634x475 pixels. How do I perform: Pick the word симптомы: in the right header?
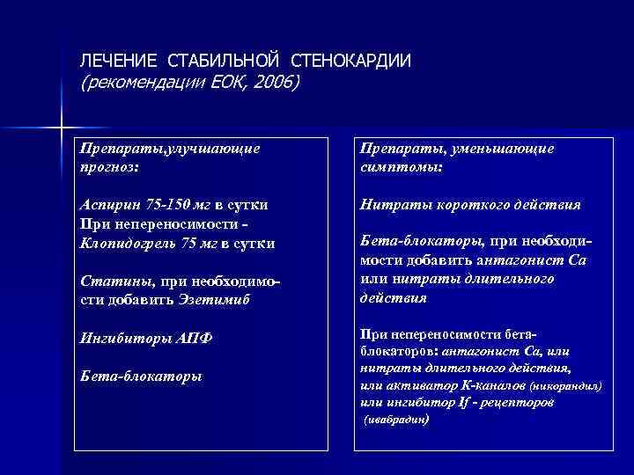[401, 164]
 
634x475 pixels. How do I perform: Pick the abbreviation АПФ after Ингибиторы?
[194, 338]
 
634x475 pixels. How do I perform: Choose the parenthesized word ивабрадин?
[397, 420]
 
